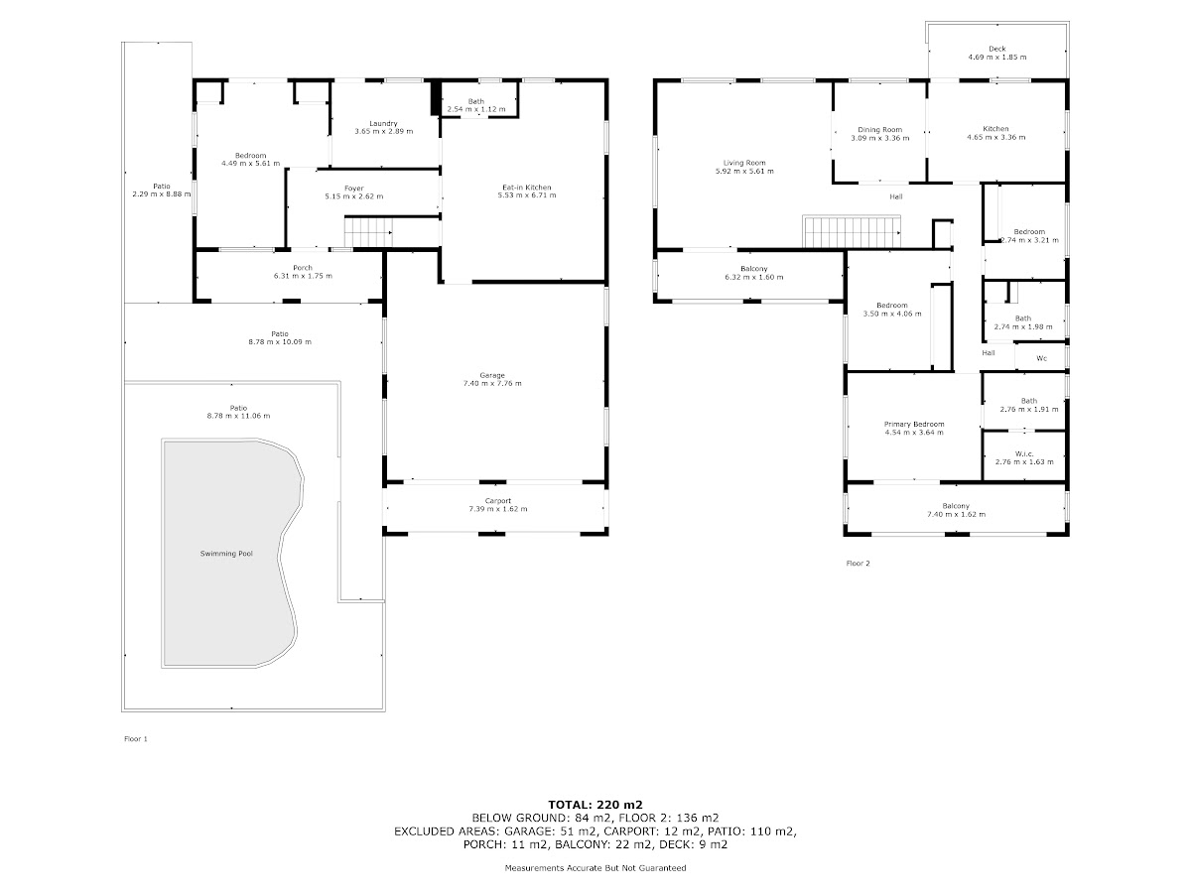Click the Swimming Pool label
tap(226, 554)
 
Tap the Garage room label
tap(492, 375)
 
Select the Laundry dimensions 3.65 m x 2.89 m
tap(384, 131)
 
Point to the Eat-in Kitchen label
tap(526, 188)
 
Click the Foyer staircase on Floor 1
tap(368, 231)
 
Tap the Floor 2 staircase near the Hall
tap(852, 231)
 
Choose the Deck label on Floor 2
tap(996, 49)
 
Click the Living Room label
tap(744, 163)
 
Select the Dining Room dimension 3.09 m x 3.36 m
tap(879, 138)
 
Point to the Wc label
tap(1041, 358)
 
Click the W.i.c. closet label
tap(1024, 453)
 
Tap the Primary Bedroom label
tap(914, 424)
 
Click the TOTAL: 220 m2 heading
tap(595, 805)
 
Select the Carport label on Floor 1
tap(497, 501)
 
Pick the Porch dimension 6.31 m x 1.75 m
tap(303, 276)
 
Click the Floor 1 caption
tap(136, 738)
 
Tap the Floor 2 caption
tap(858, 564)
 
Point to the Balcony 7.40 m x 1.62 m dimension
tap(956, 514)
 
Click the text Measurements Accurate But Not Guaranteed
tap(595, 868)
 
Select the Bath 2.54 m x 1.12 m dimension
tap(475, 109)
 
